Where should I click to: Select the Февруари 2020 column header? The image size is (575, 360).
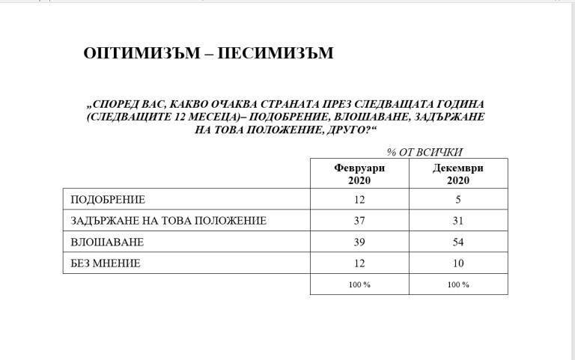[x=359, y=174]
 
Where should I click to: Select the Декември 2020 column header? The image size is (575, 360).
[x=458, y=174]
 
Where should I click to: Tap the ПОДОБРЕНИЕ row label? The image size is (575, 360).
[x=107, y=200]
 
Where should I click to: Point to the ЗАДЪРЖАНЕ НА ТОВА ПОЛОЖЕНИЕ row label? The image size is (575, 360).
[x=168, y=221]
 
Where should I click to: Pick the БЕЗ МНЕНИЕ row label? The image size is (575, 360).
[x=105, y=263]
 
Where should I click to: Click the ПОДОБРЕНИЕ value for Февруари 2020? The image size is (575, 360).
[x=359, y=200]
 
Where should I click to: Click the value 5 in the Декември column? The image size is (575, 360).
[x=458, y=200]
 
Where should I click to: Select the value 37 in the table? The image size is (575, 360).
[x=359, y=221]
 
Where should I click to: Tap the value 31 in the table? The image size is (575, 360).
[x=458, y=221]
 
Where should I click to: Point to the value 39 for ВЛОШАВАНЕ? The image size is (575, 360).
[x=359, y=242]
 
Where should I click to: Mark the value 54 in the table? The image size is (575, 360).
[x=458, y=242]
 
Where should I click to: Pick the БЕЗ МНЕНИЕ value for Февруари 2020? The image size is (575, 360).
[x=359, y=263]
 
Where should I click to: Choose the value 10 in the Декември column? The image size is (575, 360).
[x=458, y=263]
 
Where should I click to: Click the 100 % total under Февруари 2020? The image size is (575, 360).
[x=359, y=284]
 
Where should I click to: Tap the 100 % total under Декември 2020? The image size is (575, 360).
[x=458, y=284]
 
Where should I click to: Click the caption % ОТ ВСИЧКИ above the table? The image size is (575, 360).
[x=425, y=151]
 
